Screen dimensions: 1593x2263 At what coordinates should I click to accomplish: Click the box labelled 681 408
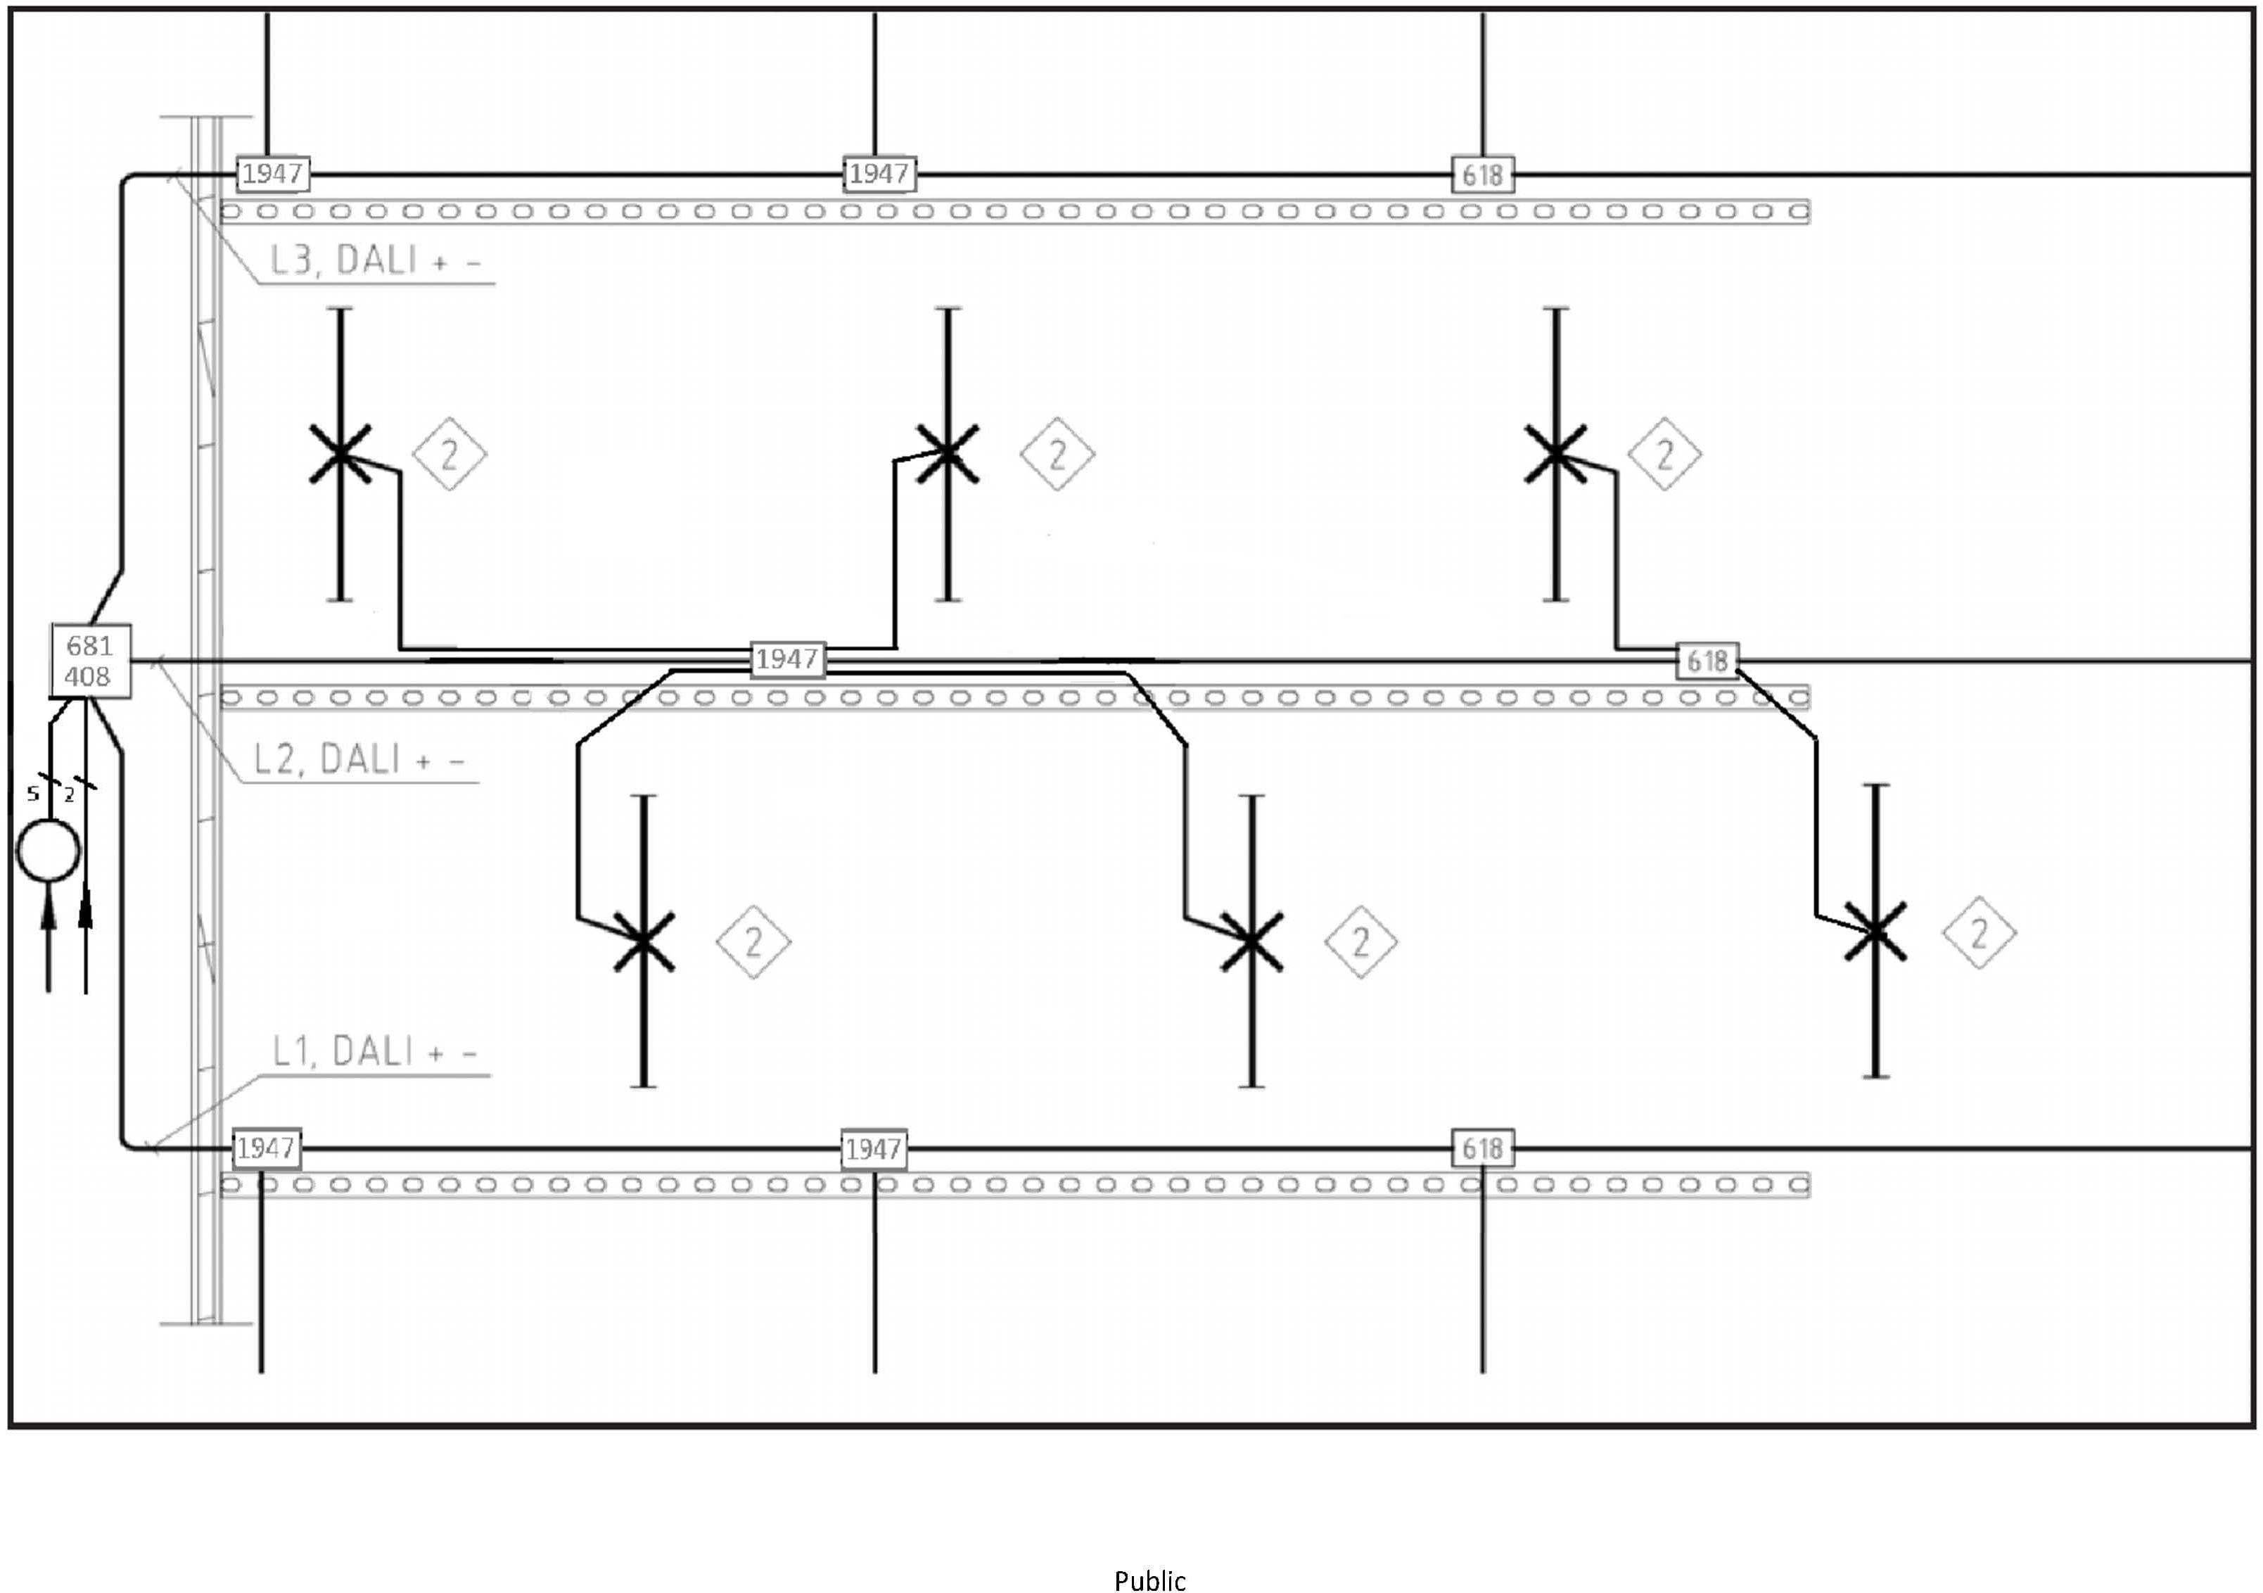[x=90, y=661]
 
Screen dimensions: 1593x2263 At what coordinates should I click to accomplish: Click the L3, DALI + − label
[x=376, y=260]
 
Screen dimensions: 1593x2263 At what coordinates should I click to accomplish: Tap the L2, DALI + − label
[x=359, y=759]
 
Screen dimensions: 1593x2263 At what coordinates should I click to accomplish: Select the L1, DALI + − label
[x=374, y=1052]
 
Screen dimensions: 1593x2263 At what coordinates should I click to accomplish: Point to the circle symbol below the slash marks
[x=49, y=850]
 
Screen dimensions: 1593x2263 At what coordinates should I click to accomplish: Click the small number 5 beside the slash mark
[x=32, y=794]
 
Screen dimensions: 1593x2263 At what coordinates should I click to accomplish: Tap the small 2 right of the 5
[x=69, y=794]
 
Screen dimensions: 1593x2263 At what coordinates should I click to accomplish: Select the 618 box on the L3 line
[x=1482, y=175]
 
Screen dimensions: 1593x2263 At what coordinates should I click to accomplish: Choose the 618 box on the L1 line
[x=1482, y=1148]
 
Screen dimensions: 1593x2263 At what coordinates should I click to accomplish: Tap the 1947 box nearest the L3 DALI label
[x=273, y=174]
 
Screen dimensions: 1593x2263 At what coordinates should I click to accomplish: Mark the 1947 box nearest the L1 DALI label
[x=266, y=1148]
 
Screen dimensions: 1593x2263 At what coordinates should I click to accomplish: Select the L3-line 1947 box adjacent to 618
[x=879, y=174]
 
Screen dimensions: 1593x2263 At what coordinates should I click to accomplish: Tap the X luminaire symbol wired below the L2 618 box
[x=1875, y=932]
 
